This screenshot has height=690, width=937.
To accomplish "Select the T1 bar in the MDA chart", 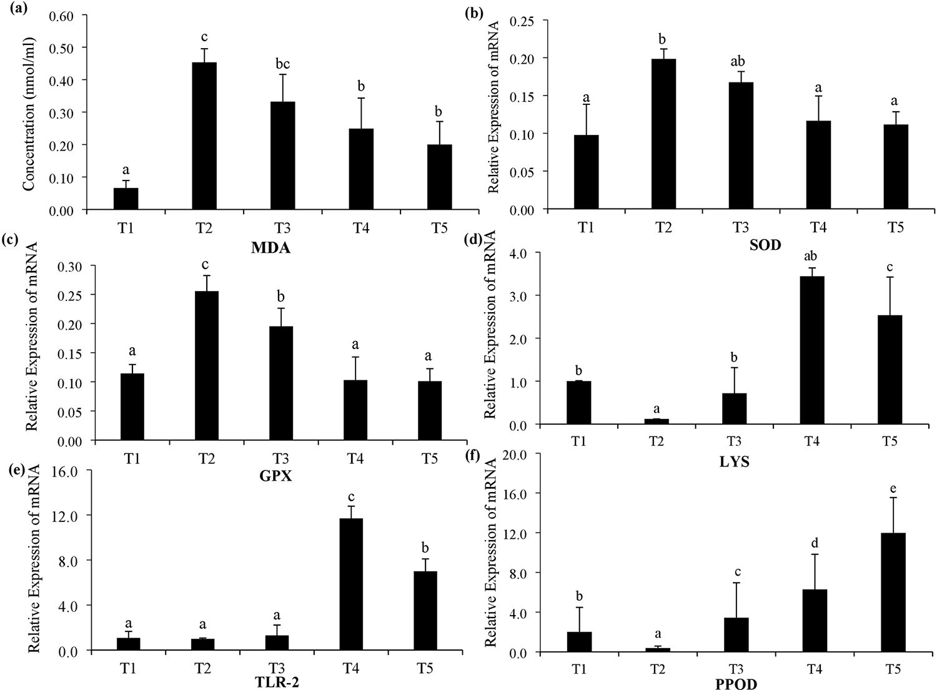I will coord(126,199).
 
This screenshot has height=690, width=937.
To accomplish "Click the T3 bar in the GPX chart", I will coord(280,383).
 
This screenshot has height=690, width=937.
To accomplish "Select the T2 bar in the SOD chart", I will coord(663,134).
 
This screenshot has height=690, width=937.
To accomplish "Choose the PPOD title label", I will coord(737,684).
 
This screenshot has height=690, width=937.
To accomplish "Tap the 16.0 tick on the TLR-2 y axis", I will coord(64,470).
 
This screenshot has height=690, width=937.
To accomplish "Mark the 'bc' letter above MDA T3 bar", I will coord(282,64).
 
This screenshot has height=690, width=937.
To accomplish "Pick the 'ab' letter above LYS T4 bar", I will coord(812,257).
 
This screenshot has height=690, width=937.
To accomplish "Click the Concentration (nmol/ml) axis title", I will coord(29,113).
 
